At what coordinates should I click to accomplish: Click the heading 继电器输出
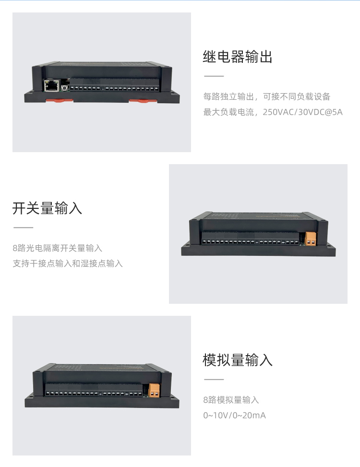237,57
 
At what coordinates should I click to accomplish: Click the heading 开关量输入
47,208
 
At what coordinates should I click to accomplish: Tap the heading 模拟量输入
237,360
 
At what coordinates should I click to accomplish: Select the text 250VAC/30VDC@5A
302,112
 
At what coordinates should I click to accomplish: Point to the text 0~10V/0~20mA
234,415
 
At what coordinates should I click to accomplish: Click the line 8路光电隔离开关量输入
57,248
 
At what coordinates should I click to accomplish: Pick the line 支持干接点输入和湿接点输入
68,263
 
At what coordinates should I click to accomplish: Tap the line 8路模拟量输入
231,400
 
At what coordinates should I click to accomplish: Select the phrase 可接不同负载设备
297,96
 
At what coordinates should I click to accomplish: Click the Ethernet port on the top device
51,85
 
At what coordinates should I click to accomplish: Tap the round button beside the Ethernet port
64,87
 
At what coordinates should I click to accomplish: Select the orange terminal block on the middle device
311,239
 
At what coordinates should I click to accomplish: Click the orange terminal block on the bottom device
154,391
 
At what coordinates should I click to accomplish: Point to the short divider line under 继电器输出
214,76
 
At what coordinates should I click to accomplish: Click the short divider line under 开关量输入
23,228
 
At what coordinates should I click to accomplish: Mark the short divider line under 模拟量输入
214,380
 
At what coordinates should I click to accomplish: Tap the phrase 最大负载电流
228,112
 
